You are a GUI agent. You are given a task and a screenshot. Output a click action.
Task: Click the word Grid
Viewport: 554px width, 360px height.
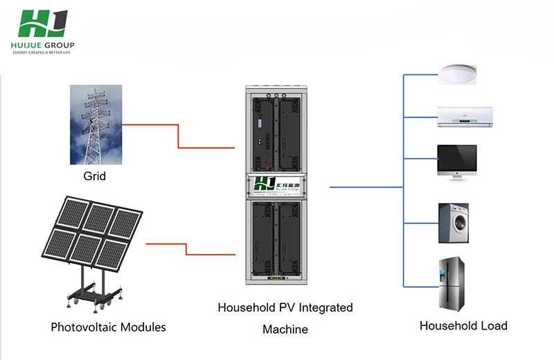coord(95,177)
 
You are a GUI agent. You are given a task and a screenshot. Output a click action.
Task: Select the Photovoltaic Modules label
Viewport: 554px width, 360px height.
coord(108,326)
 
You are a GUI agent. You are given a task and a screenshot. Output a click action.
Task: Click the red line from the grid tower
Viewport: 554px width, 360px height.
coord(179,136)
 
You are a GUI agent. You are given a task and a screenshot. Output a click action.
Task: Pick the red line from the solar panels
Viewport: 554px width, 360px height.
coord(187,249)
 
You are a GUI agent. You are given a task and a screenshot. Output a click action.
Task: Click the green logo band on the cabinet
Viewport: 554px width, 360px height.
coord(277,185)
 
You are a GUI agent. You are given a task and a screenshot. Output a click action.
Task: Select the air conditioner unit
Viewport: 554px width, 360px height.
coord(464,117)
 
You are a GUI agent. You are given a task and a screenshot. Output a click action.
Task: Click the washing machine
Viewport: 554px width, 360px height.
coord(454,223)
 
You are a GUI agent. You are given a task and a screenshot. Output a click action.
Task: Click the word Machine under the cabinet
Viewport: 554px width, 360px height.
coord(285,330)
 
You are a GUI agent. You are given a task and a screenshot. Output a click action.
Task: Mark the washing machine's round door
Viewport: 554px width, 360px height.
coord(453,227)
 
